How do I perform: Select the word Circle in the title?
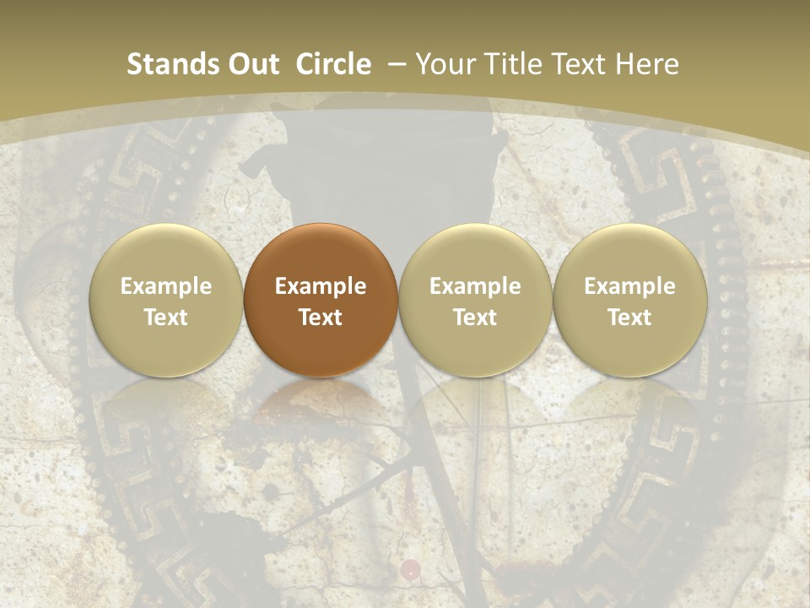333,64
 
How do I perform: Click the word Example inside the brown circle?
321,286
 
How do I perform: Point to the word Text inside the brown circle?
321,318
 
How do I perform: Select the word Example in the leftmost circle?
166,286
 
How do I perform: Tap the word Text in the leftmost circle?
166,318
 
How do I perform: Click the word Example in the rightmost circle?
629,286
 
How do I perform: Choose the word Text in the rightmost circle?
629,318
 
